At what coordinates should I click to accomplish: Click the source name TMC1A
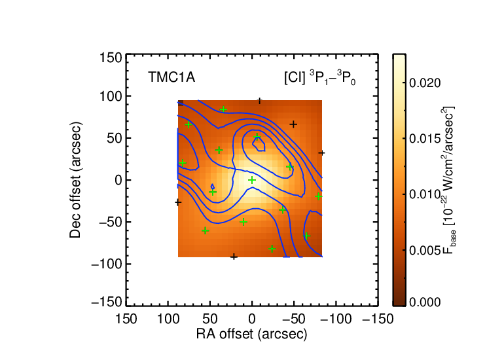coord(171,77)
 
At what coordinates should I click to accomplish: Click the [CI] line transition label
coord(320,78)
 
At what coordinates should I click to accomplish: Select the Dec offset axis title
coord(75,180)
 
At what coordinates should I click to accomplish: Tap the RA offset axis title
coord(252,334)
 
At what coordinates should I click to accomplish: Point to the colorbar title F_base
coord(449,180)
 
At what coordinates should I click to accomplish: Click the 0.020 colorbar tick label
coord(425,83)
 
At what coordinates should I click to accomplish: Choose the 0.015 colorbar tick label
coord(425,139)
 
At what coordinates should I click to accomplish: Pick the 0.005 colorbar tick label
coord(425,250)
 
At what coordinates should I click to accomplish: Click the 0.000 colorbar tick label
coord(425,302)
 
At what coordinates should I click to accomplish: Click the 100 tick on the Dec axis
coord(111,96)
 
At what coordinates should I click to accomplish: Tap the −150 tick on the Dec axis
coord(107,302)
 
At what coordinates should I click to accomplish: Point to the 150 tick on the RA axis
coord(126,319)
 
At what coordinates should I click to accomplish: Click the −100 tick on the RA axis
coord(336,319)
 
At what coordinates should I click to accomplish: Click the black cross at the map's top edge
coord(260,101)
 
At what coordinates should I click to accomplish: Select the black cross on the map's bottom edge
coord(234,257)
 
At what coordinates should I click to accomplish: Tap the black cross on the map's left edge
coord(178,202)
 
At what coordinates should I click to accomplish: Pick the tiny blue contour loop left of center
coord(213,187)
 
